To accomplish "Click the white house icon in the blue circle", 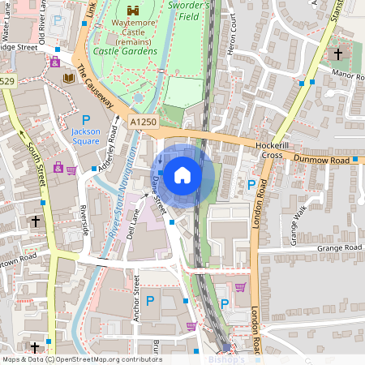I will (x=182, y=174).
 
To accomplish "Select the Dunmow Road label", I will (x=322, y=161).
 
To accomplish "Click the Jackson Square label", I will (x=85, y=135).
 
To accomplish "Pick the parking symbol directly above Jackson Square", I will (x=85, y=119).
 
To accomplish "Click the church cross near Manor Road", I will (x=338, y=55).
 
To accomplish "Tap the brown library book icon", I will (x=69, y=78).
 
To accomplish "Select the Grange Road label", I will (x=339, y=247).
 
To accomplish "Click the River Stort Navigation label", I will (x=114, y=223).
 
